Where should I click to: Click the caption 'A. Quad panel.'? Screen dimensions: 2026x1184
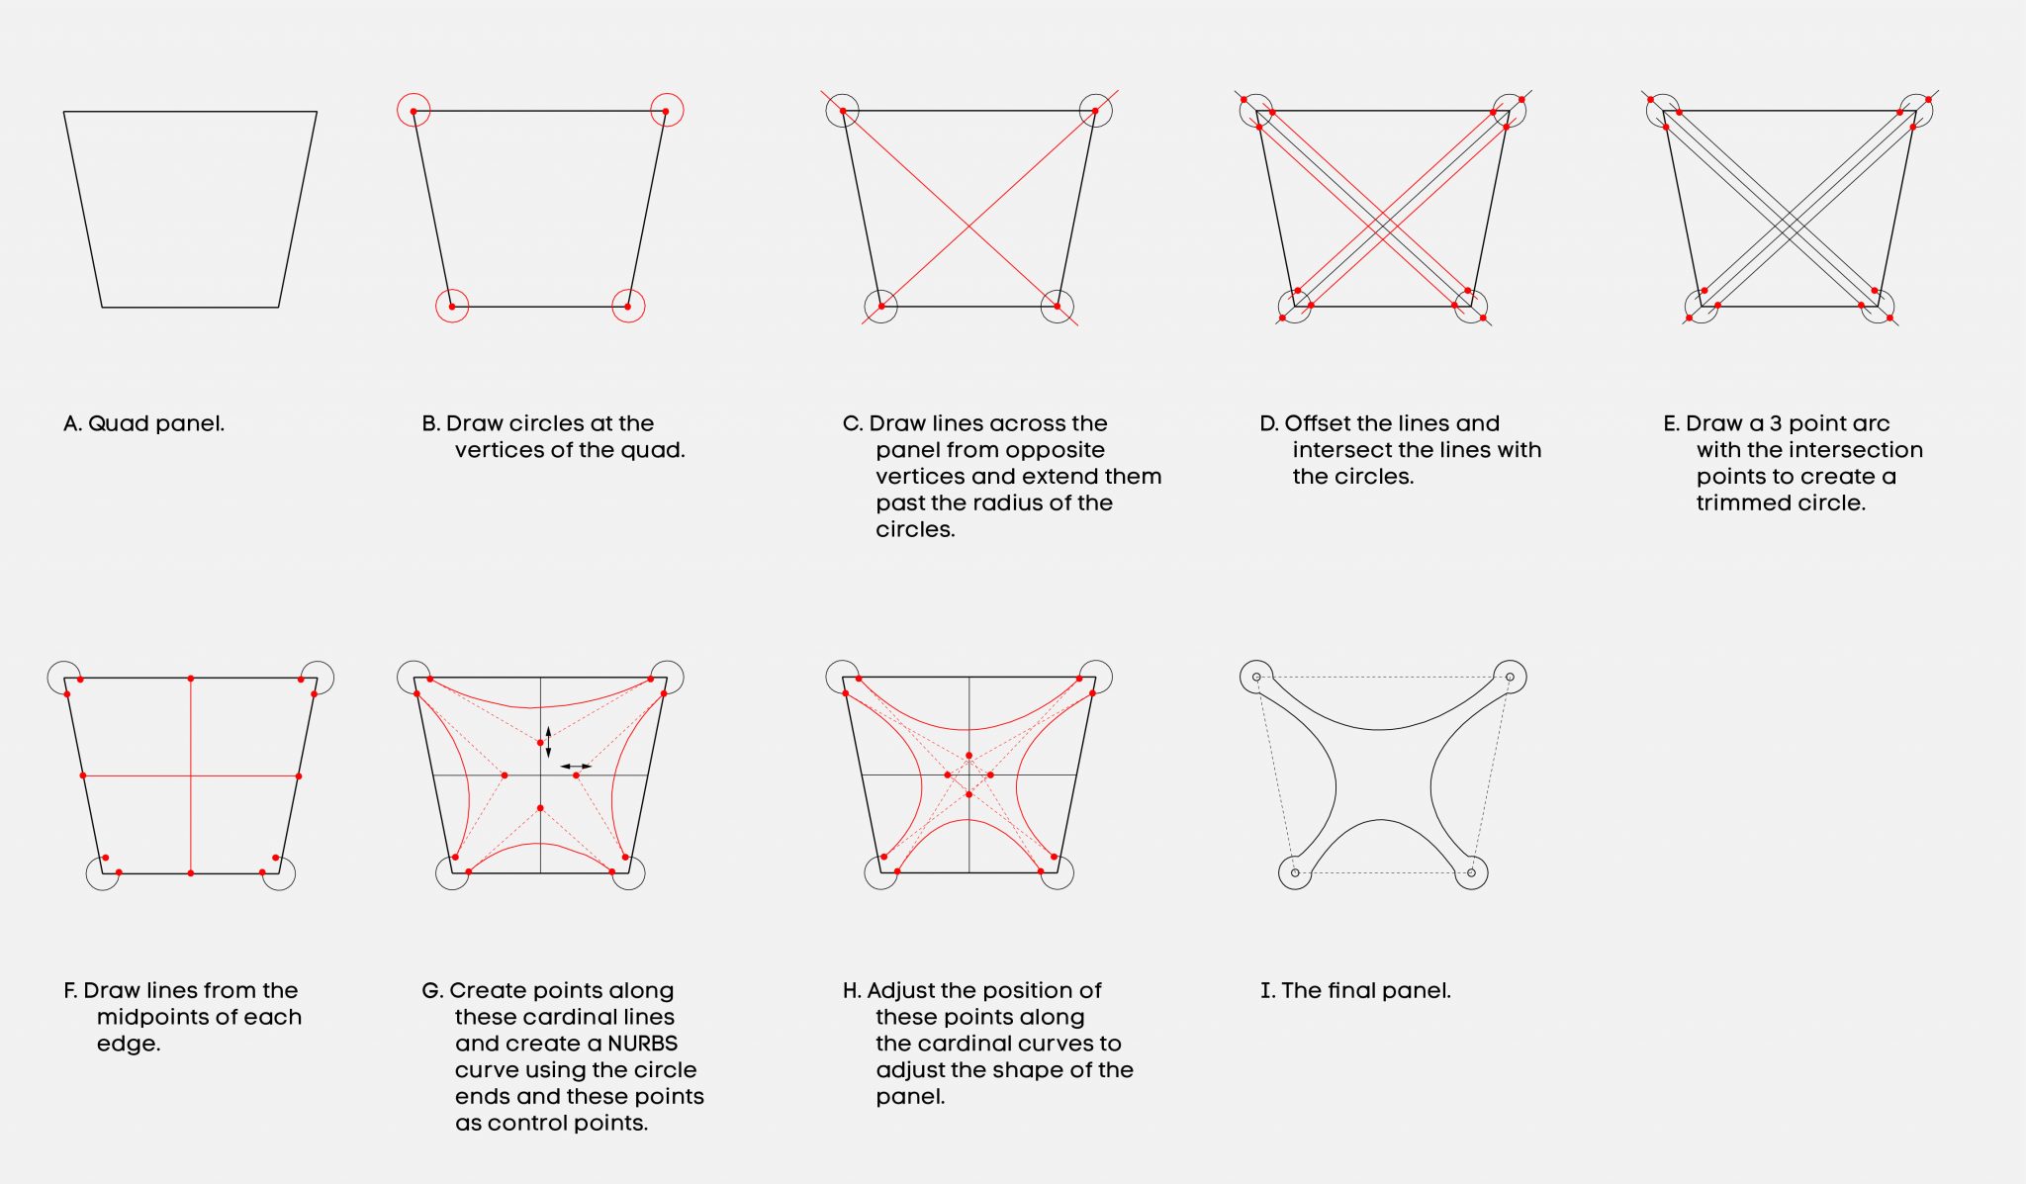(x=143, y=423)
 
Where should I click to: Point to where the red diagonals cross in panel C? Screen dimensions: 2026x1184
(x=968, y=227)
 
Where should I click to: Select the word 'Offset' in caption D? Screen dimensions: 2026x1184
(x=1318, y=423)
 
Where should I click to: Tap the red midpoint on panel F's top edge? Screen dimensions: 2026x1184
(x=191, y=679)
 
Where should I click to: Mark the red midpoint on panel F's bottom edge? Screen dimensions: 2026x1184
(x=191, y=873)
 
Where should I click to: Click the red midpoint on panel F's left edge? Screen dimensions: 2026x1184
(x=83, y=775)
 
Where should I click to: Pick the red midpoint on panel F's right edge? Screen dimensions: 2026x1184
(x=299, y=776)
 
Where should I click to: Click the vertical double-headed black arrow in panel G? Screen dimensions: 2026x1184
(x=548, y=742)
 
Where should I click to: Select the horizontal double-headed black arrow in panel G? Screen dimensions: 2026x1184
(x=576, y=766)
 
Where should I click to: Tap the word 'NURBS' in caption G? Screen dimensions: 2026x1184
(x=642, y=1044)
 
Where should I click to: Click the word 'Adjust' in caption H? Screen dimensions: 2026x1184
(x=899, y=991)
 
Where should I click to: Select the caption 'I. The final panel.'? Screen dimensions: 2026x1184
(x=1355, y=990)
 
